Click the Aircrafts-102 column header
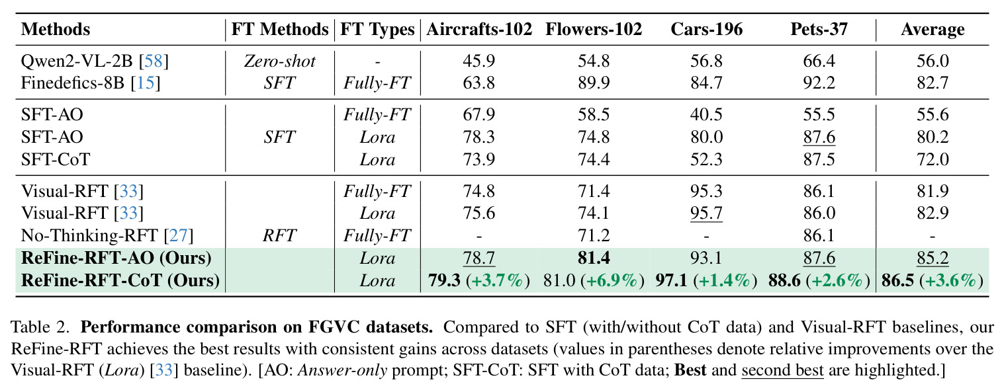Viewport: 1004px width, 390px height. tap(479, 30)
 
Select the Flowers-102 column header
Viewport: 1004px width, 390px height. tap(594, 30)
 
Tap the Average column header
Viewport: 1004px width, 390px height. tap(933, 30)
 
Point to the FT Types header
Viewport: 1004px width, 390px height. tap(377, 30)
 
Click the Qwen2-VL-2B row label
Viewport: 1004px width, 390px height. tap(77, 61)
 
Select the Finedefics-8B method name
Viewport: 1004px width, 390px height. tap(73, 83)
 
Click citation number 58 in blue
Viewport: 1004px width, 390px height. tap(154, 61)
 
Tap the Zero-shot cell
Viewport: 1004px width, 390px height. tap(280, 61)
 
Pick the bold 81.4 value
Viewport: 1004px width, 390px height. tap(594, 258)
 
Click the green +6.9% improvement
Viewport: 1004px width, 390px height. tap(613, 281)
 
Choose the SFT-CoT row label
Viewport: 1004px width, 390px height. tap(56, 159)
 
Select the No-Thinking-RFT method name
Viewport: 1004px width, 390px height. tap(89, 235)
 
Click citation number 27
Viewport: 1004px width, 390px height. tap(178, 235)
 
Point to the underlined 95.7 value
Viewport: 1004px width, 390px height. tap(706, 213)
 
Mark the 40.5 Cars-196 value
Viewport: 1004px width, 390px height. tap(706, 114)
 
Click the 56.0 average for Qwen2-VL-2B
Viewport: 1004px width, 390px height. tap(933, 61)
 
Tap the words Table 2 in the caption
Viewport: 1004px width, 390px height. tap(40, 327)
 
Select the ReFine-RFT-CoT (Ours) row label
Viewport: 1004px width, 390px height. tap(120, 281)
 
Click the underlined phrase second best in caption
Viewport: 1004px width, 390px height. tap(782, 370)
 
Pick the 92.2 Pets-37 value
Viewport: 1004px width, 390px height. tap(819, 83)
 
